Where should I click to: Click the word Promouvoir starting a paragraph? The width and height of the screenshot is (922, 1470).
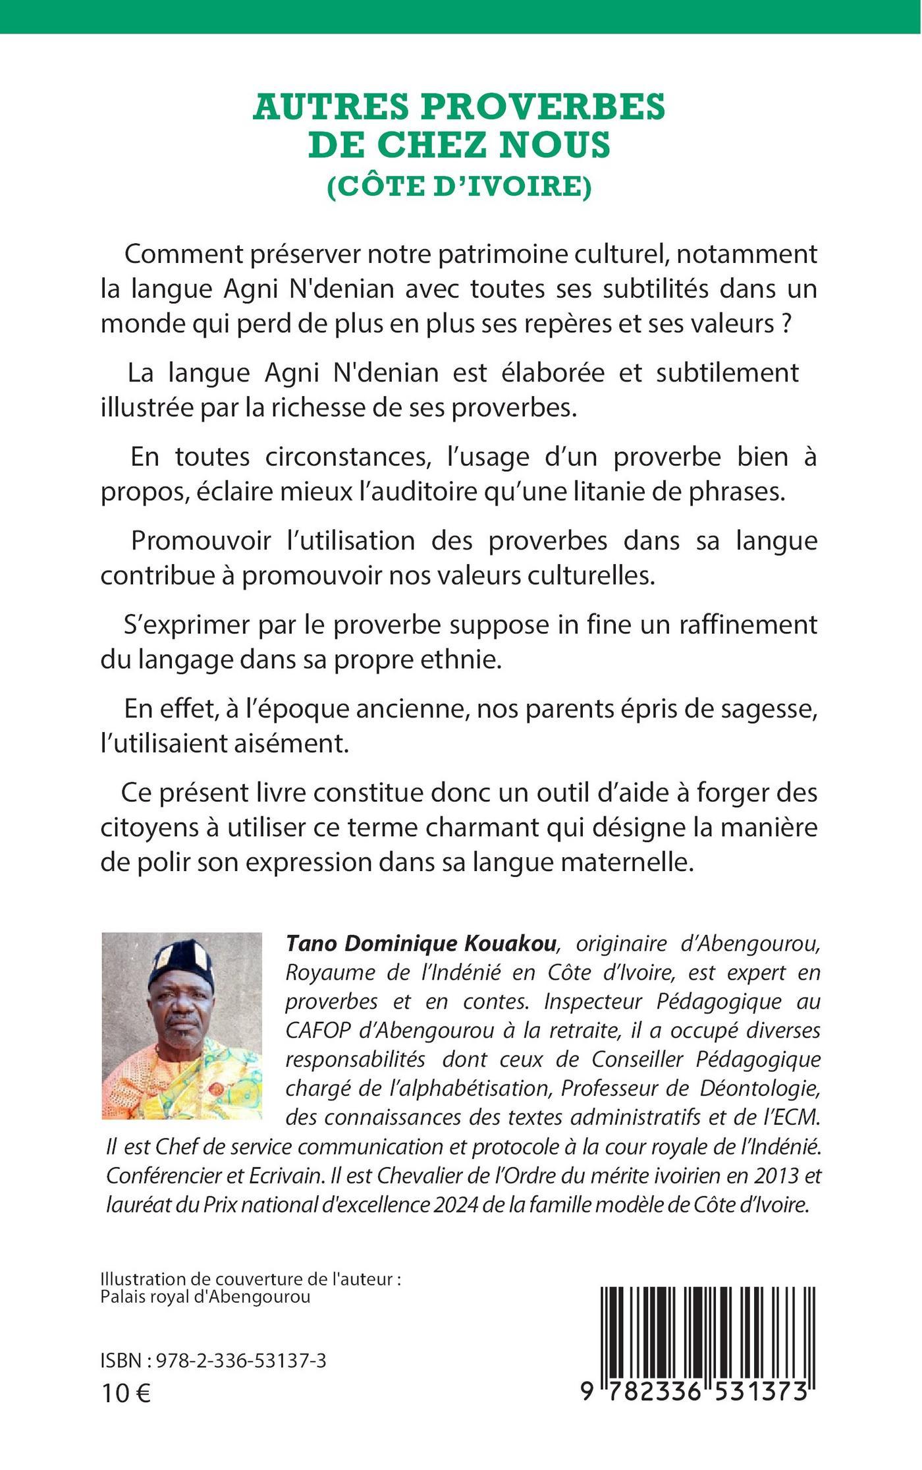click(202, 541)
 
